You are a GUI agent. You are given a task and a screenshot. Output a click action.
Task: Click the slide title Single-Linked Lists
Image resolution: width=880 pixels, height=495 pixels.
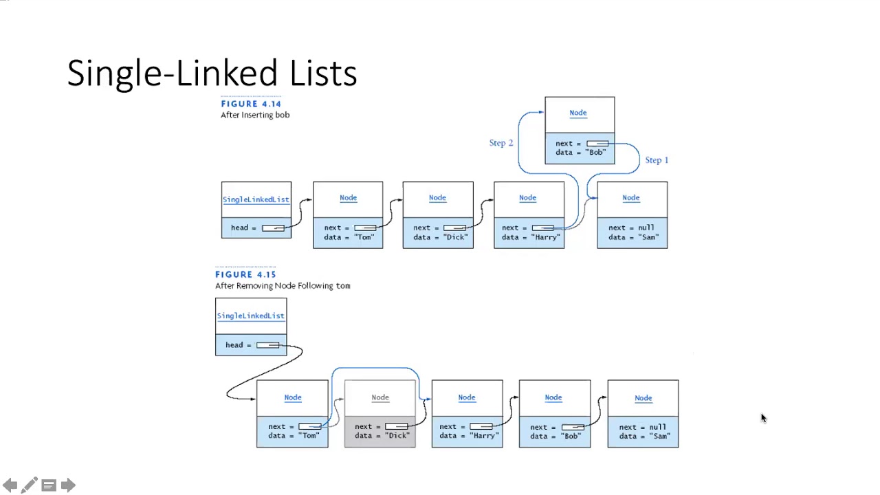coord(212,73)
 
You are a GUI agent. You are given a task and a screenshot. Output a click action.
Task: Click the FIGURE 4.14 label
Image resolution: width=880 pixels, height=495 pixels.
coord(251,104)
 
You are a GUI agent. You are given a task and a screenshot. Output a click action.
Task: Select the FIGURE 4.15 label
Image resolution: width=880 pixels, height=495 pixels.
coord(245,274)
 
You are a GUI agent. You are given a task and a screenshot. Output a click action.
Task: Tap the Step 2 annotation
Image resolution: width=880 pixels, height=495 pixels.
coord(501,143)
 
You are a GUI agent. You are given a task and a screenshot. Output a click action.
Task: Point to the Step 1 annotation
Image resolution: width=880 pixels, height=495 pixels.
coord(657,160)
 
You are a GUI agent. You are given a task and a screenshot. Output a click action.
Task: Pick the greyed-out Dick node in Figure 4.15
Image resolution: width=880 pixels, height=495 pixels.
coord(380,414)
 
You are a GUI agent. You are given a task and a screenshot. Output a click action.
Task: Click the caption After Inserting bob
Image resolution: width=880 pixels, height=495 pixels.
coord(255,115)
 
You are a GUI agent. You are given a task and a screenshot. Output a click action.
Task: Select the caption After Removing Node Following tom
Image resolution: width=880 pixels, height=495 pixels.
coord(283,286)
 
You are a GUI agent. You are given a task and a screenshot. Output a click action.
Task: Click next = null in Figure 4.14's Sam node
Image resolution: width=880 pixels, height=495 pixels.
coord(631,228)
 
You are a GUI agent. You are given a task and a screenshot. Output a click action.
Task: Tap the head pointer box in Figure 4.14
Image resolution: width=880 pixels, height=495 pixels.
coord(273,228)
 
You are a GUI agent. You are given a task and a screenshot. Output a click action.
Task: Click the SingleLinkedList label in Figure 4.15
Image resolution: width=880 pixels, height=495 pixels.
coord(250,316)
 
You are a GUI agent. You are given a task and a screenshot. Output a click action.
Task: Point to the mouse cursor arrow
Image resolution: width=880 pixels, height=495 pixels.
coord(762,417)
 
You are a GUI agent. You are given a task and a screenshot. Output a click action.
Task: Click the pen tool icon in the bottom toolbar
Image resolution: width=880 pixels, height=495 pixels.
coord(29,485)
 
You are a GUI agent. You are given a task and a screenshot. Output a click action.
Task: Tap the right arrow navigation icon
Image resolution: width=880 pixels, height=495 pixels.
coord(68,485)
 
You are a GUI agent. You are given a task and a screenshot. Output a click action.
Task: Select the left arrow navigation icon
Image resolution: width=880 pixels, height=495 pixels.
coord(10,485)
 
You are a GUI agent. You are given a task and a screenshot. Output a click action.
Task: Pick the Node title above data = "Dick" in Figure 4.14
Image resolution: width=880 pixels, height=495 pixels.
coord(437,198)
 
